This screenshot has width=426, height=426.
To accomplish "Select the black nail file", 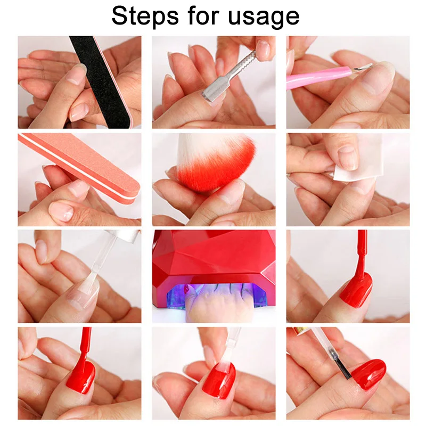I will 98,80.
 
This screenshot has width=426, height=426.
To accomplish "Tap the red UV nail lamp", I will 213,256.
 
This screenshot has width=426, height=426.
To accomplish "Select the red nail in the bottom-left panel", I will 80,376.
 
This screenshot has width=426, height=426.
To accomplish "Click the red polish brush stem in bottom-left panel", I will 85,346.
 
